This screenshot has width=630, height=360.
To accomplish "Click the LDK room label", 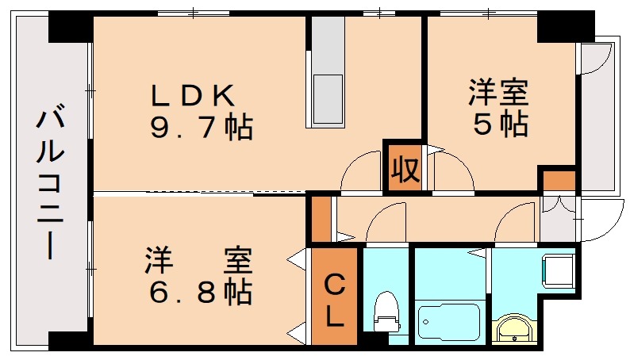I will [x=194, y=95].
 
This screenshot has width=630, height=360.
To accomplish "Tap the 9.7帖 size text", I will [x=202, y=126].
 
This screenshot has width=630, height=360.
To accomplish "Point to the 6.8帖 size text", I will [x=200, y=293].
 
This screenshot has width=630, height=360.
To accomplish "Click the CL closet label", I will [x=335, y=299].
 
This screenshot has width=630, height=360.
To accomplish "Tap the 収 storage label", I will [x=404, y=169].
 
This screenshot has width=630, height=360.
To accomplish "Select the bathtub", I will [x=450, y=322].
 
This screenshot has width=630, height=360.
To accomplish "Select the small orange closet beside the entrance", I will [x=559, y=180].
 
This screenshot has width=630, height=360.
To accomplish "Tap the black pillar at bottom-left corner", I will [x=70, y=340].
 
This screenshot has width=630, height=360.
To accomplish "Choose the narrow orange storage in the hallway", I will [x=320, y=218].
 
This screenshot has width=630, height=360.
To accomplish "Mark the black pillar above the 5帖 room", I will [x=564, y=26].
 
